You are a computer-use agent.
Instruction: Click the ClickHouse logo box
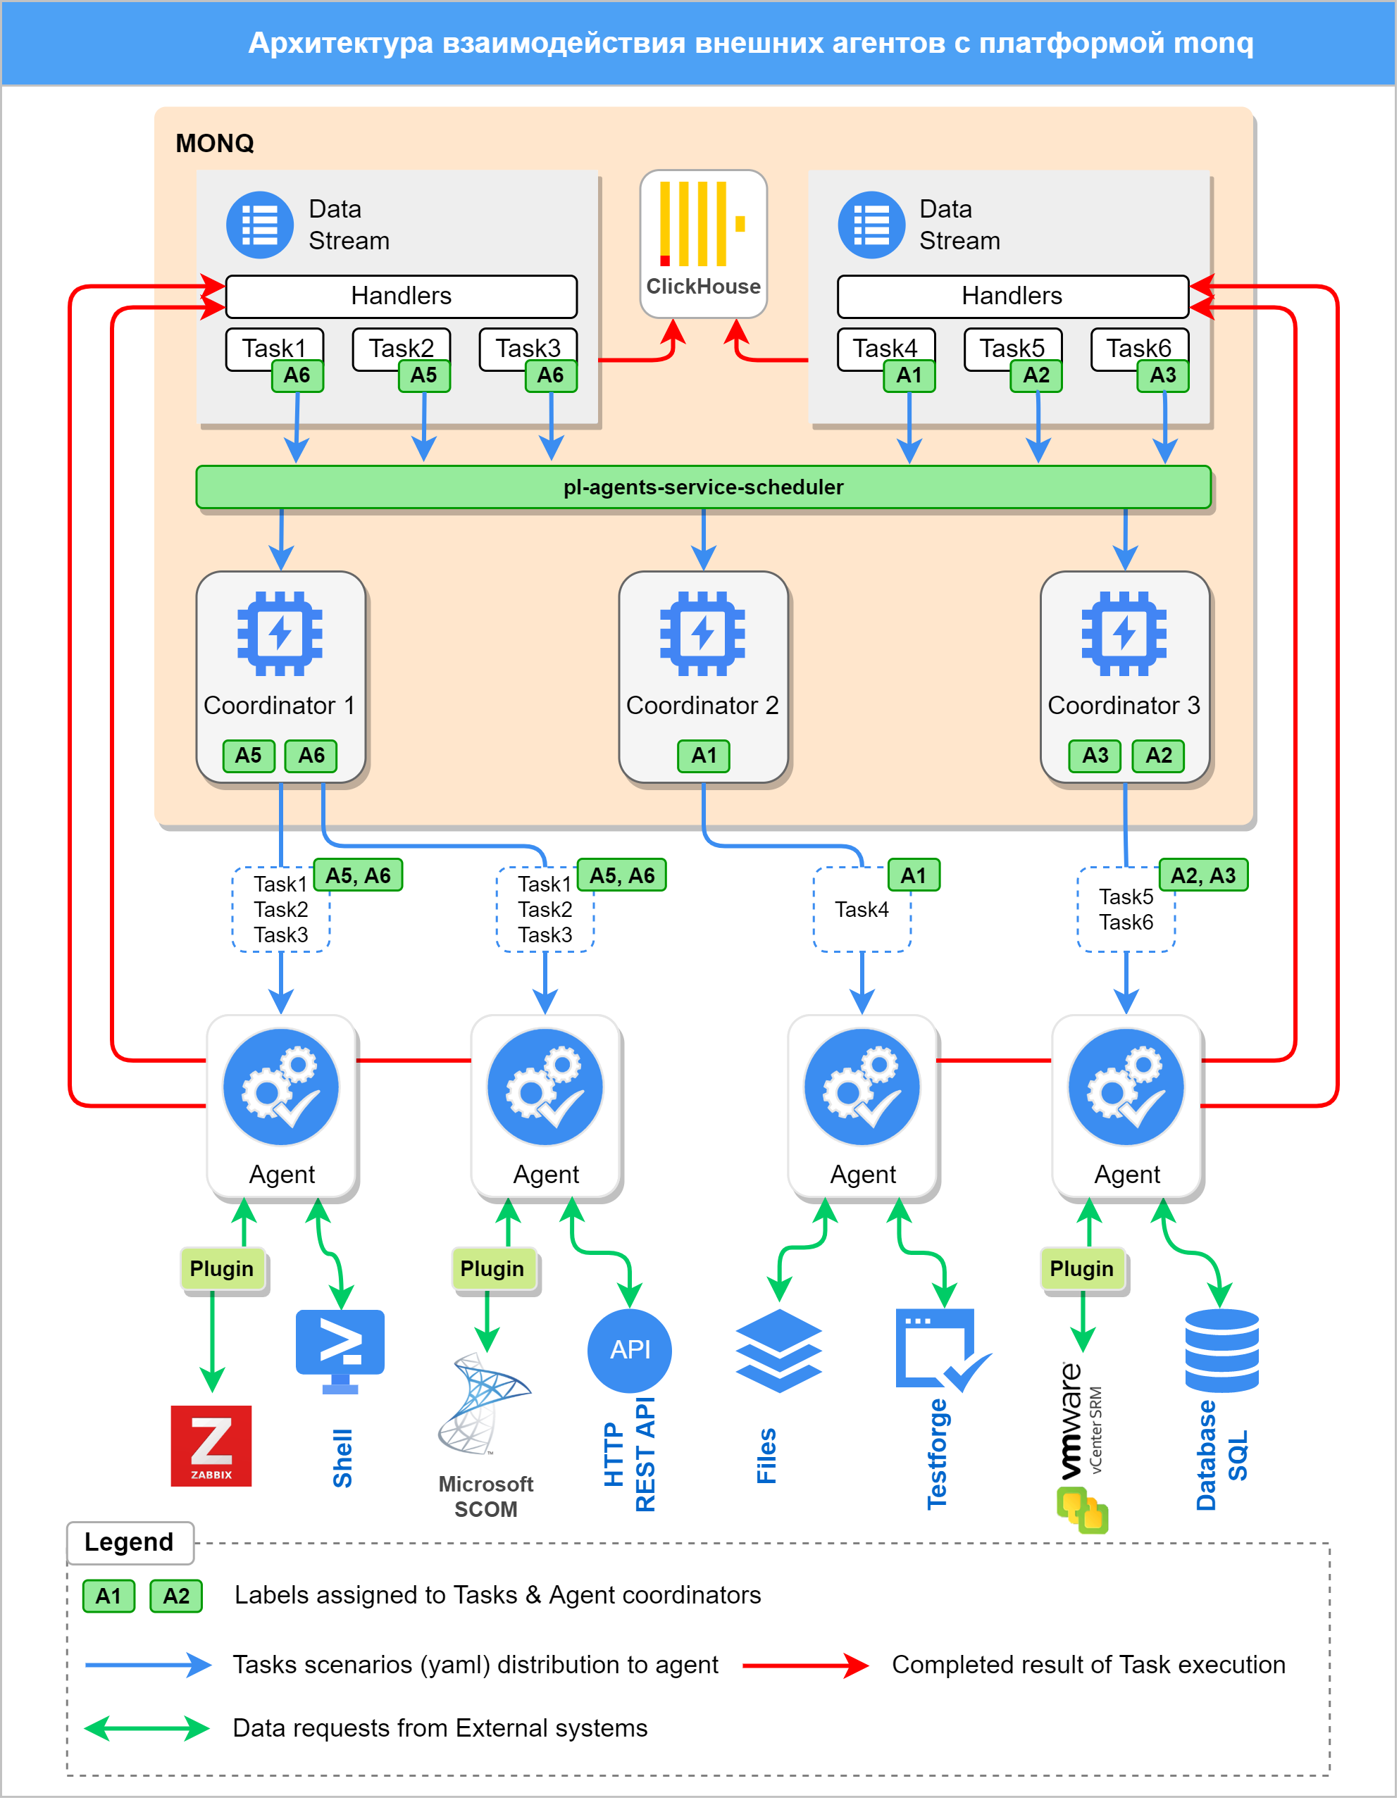703,243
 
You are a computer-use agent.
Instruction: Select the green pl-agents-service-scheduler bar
703,487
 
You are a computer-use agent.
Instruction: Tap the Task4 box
885,348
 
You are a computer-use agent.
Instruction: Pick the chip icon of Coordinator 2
702,633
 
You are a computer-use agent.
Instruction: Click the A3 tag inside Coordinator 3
1095,755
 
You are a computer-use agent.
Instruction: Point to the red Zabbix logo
211,1446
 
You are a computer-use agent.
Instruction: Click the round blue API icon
630,1350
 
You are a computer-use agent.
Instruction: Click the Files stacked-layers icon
778,1350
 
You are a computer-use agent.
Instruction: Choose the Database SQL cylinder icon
1221,1350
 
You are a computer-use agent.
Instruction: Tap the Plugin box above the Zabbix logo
222,1268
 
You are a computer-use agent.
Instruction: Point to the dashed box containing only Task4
862,909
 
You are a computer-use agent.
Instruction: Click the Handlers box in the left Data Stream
402,296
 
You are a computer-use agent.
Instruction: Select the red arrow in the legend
804,1665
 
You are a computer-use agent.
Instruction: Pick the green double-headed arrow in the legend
147,1728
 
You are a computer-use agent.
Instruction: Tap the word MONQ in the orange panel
214,144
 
